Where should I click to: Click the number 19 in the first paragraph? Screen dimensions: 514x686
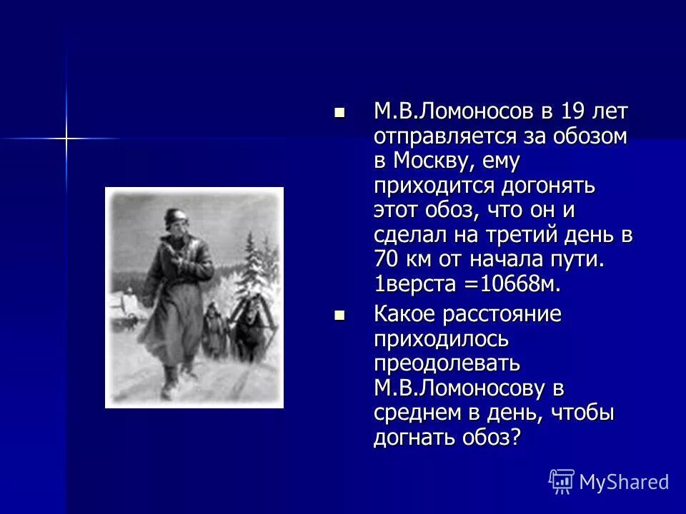coord(562,112)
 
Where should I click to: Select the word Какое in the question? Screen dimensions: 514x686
coord(403,315)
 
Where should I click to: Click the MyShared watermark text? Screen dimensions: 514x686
coord(624,482)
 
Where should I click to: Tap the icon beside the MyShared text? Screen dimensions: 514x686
coord(562,482)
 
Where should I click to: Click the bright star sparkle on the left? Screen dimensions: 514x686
coord(66,137)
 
